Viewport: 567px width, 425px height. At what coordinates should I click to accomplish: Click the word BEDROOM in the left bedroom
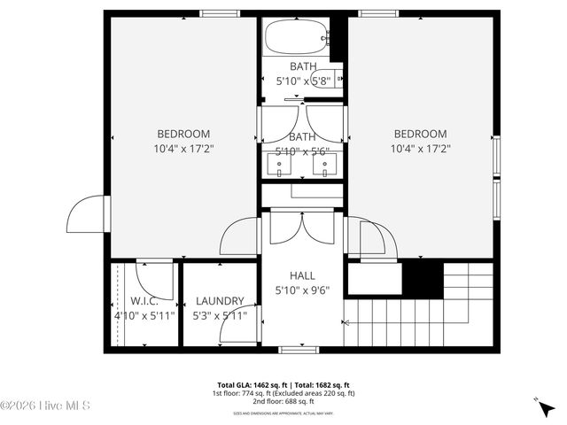click(x=183, y=134)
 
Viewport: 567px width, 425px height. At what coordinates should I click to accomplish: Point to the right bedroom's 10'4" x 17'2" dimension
click(x=420, y=149)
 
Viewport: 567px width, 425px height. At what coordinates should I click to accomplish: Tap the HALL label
click(x=302, y=275)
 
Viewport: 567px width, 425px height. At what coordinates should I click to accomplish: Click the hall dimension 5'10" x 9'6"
click(x=302, y=290)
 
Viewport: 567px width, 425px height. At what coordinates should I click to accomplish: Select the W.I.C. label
click(x=144, y=300)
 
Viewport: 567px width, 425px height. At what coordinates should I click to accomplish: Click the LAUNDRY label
click(x=220, y=300)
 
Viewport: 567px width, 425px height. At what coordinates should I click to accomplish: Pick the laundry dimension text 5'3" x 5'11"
click(x=220, y=314)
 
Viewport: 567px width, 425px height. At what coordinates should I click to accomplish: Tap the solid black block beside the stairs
click(x=422, y=280)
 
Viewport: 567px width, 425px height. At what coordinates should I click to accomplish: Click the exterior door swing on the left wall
click(x=87, y=214)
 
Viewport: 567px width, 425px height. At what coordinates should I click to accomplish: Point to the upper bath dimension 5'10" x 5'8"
click(x=302, y=81)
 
